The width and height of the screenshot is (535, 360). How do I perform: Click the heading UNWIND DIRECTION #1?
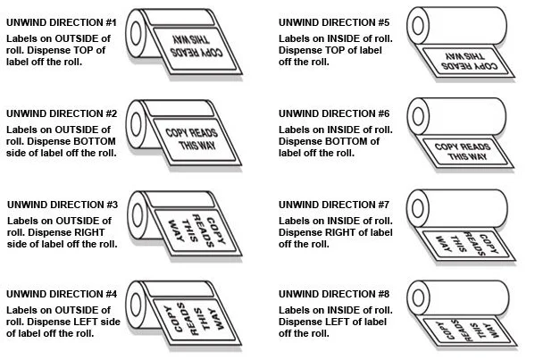pyautogui.click(x=62, y=22)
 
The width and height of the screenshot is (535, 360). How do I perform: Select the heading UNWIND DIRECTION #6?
pyautogui.click(x=334, y=113)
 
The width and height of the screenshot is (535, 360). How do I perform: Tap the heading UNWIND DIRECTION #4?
pyautogui.click(x=62, y=294)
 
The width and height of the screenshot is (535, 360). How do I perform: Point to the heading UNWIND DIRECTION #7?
pyautogui.click(x=334, y=205)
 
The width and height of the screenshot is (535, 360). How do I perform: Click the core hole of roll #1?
pyautogui.click(x=136, y=33)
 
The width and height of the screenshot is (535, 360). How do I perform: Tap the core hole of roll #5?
pyautogui.click(x=418, y=26)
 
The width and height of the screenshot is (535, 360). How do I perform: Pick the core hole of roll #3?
pyautogui.click(x=138, y=215)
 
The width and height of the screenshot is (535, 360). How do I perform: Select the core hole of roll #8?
pyautogui.click(x=418, y=297)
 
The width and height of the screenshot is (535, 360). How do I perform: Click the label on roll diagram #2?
pyautogui.click(x=195, y=140)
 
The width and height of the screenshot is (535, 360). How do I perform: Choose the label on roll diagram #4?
pyautogui.click(x=195, y=320)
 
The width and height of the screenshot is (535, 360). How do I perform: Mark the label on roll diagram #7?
pyautogui.click(x=467, y=245)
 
